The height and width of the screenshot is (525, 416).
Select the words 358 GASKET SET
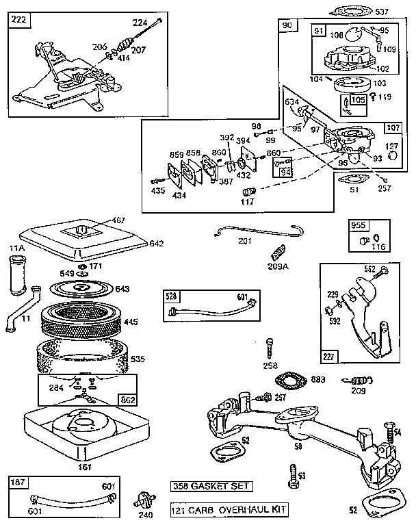[x=211, y=486]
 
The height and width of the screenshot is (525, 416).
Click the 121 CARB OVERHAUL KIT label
[x=229, y=509]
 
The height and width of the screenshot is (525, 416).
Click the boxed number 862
[x=128, y=400]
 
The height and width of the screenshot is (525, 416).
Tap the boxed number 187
[x=17, y=483]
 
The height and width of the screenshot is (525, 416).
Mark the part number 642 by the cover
[x=157, y=242]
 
